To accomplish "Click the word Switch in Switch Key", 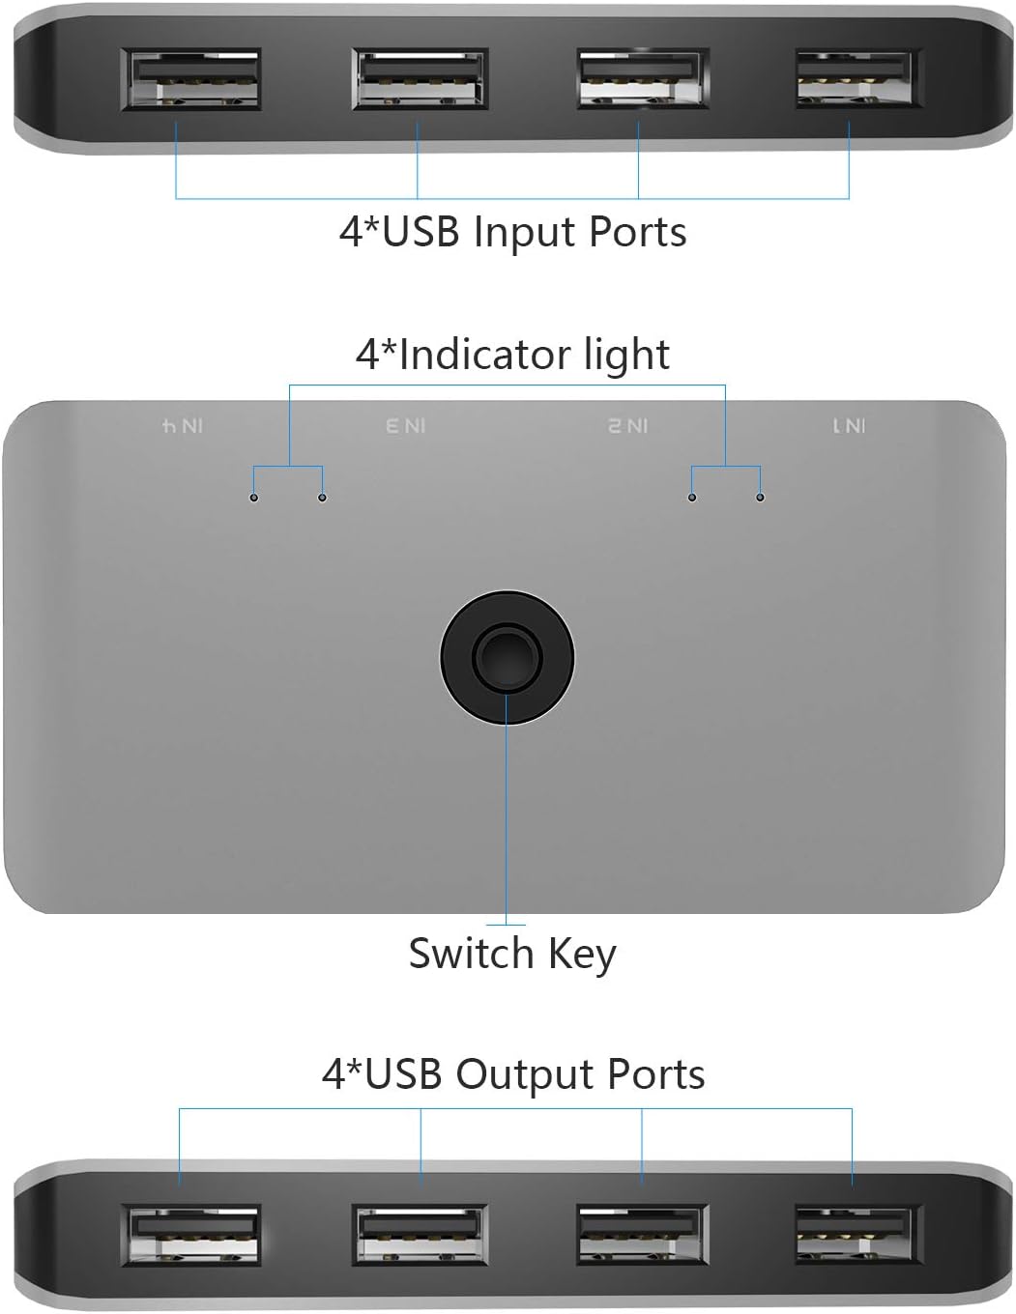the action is [471, 954].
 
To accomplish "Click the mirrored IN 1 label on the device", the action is [849, 426].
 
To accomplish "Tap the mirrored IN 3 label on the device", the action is [405, 426].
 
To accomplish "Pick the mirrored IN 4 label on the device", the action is [182, 426].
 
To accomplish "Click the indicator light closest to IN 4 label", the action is [254, 498].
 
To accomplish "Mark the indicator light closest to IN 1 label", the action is [761, 498].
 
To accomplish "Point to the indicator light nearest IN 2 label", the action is [691, 498].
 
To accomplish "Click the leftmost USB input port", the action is [190, 78].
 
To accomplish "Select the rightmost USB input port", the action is [854, 77].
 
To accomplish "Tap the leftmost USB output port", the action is [191, 1235].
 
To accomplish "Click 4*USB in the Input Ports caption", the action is [398, 233].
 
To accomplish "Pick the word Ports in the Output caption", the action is [656, 1074].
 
